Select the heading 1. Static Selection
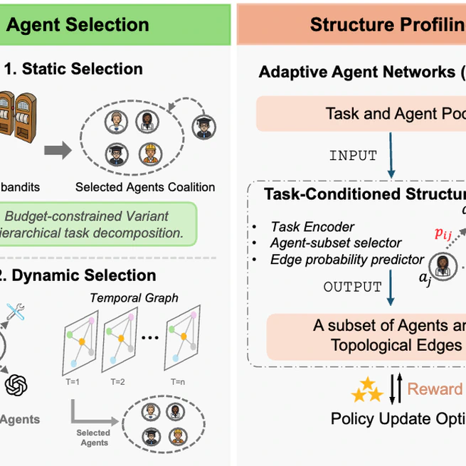(x=73, y=69)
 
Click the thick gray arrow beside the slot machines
(x=57, y=151)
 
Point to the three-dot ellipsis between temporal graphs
(x=149, y=339)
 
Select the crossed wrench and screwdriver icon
(x=16, y=311)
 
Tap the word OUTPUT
(x=353, y=287)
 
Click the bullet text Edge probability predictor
(x=347, y=260)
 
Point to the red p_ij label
(x=444, y=234)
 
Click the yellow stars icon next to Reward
(x=367, y=389)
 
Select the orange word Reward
(x=435, y=389)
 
